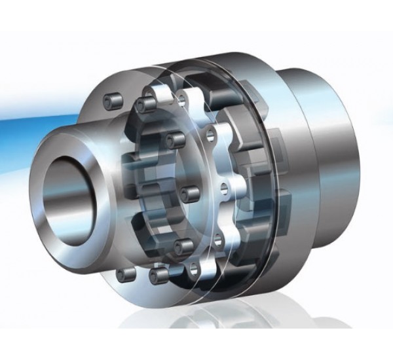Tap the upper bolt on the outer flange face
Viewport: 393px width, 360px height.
click(111, 99)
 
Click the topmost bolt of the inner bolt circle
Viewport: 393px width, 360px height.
click(142, 104)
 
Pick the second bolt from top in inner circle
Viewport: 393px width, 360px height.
click(174, 137)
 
